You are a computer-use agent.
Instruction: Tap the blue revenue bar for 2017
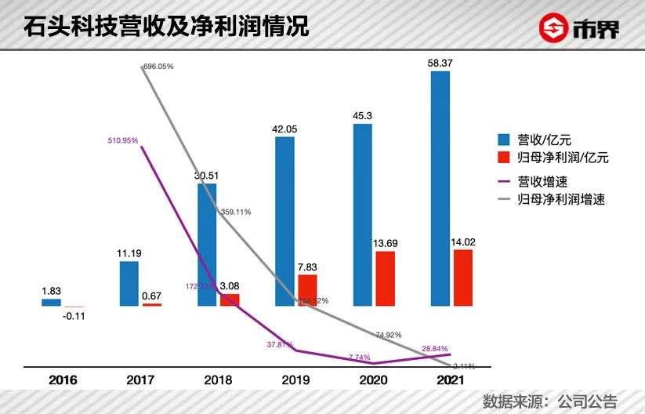click(129, 283)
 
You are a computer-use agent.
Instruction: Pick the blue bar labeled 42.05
click(284, 221)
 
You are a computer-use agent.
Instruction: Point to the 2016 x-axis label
click(63, 381)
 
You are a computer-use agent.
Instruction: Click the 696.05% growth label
click(158, 67)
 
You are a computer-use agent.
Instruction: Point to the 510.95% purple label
click(123, 140)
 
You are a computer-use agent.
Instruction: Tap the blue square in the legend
click(505, 140)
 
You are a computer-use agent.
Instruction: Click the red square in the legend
click(505, 158)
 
